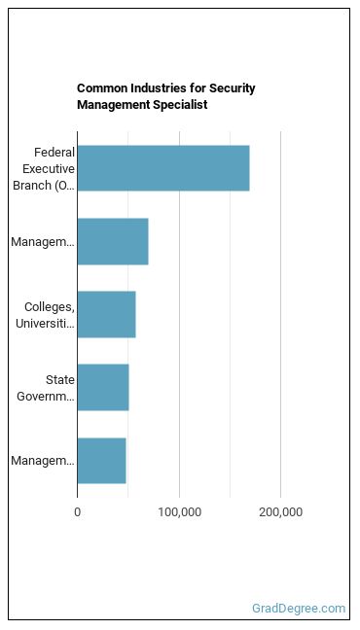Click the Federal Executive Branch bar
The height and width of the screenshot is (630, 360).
coord(163,168)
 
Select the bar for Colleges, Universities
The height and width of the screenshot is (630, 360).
coord(107,315)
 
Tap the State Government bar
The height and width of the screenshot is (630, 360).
coord(103,387)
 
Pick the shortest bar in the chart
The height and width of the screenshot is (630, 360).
coord(102,461)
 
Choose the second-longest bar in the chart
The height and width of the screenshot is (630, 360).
coord(113,241)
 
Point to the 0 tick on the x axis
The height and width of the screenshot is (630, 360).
coord(77,512)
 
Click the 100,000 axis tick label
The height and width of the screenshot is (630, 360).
coord(179,512)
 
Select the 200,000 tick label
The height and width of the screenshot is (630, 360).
coord(281,512)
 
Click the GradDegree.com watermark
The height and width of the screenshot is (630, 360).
coord(299,609)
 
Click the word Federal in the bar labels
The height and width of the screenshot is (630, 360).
coord(54,153)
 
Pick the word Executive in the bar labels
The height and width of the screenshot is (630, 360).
coord(49,169)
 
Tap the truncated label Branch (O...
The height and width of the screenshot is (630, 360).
coord(44,186)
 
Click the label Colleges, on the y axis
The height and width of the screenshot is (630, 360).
coord(50,307)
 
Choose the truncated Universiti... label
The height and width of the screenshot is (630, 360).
coord(45,324)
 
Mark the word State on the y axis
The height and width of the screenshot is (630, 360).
coord(60,380)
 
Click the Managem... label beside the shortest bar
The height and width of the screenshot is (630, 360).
coord(43,461)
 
